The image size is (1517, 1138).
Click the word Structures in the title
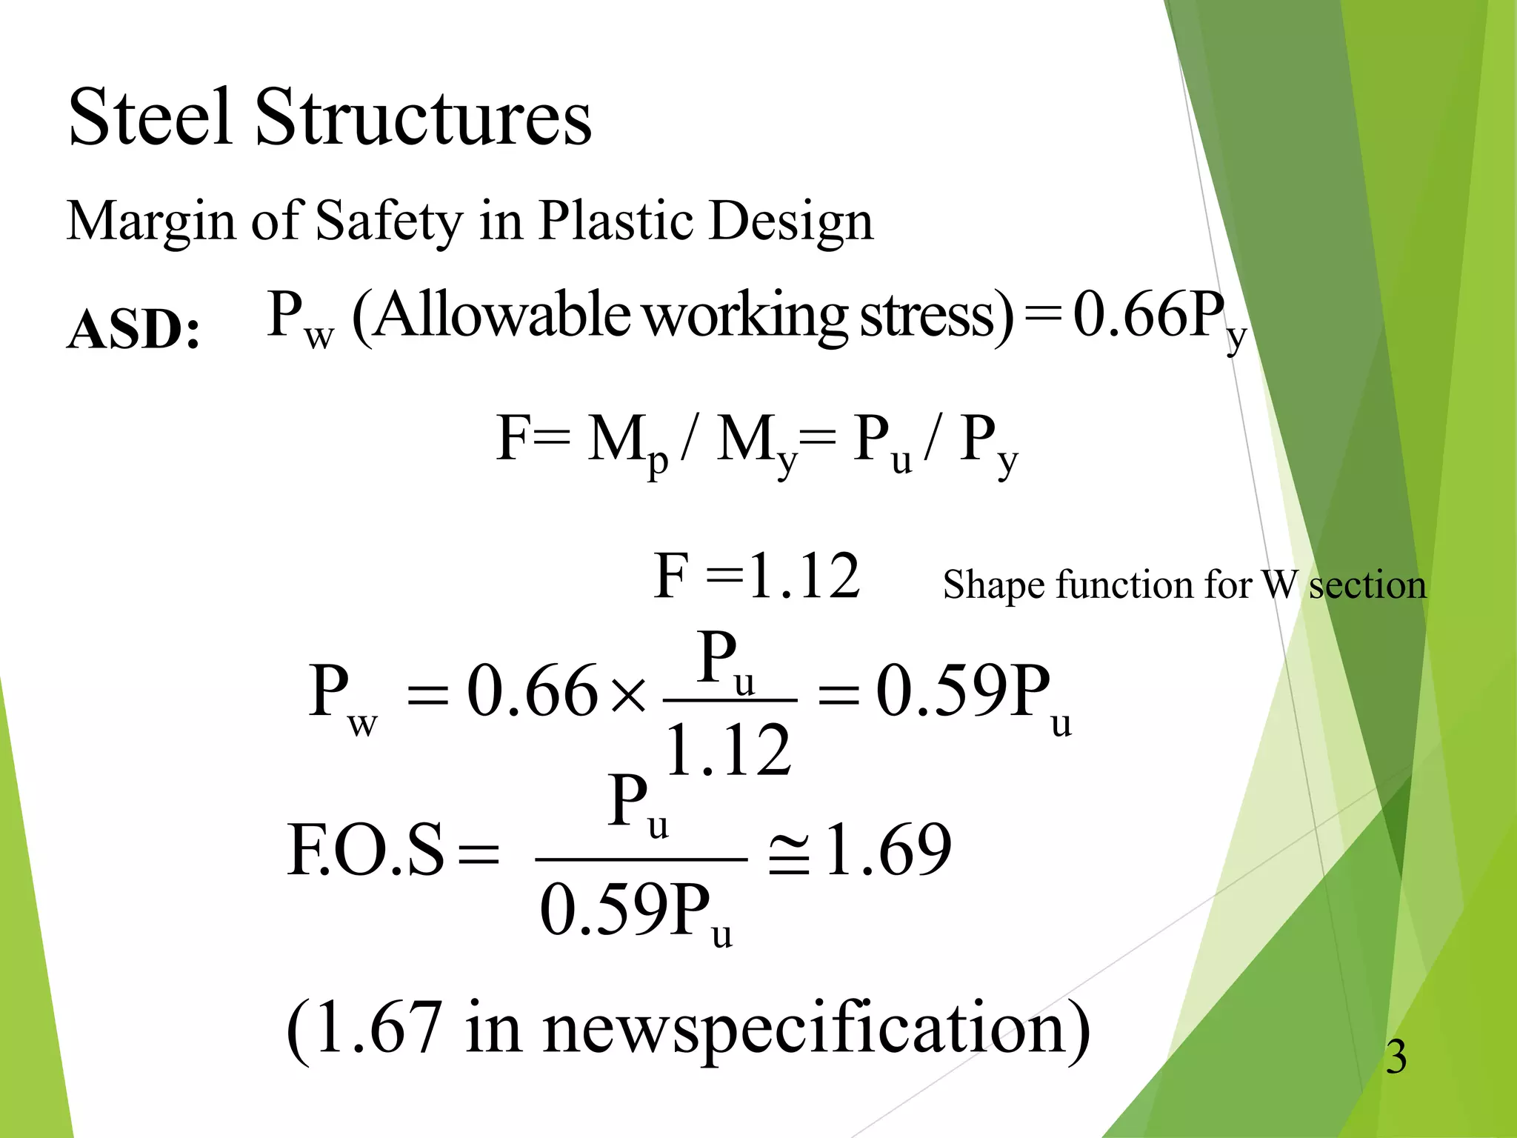click(x=423, y=117)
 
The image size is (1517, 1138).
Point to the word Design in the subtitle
click(x=790, y=222)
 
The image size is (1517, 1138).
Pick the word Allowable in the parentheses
click(x=503, y=315)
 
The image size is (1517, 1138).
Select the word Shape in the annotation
click(x=993, y=585)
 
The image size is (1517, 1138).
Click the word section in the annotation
click(x=1367, y=585)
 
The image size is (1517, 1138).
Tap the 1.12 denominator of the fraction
click(x=729, y=751)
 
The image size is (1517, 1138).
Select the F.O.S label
click(x=366, y=851)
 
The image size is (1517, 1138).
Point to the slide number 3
click(x=1396, y=1057)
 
